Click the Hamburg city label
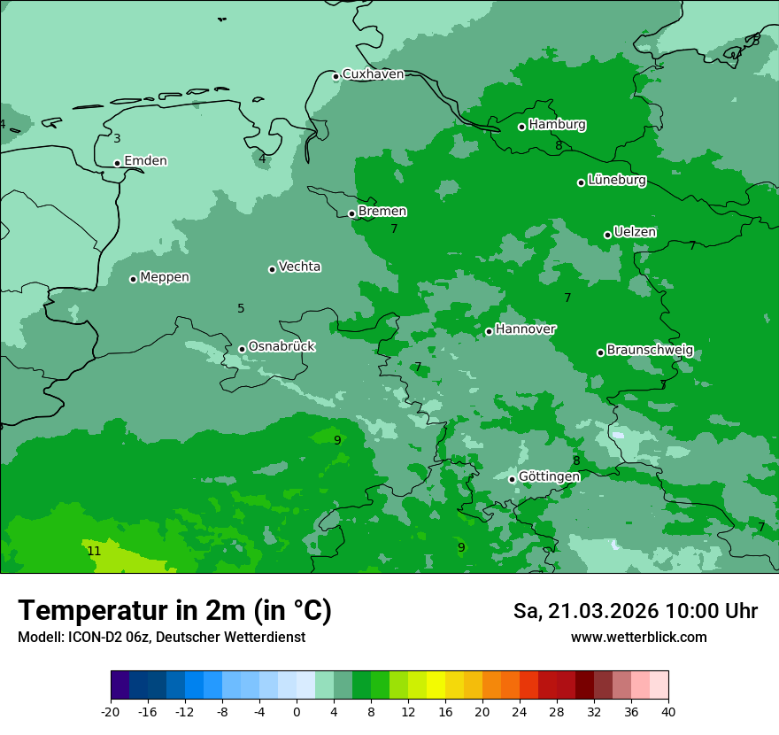click(557, 125)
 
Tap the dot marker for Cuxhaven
click(336, 76)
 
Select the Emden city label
click(145, 161)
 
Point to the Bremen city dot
click(351, 213)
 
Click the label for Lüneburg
click(616, 181)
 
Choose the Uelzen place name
click(635, 233)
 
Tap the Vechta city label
click(299, 267)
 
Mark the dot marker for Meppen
click(133, 279)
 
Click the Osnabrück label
click(282, 347)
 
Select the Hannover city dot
click(489, 331)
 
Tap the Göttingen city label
click(549, 477)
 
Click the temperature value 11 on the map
click(94, 551)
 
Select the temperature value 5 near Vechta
click(241, 308)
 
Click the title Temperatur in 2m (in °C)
click(174, 610)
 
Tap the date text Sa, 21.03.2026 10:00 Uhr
click(635, 611)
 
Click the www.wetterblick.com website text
click(638, 638)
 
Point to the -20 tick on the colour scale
click(111, 712)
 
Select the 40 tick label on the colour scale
click(668, 712)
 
